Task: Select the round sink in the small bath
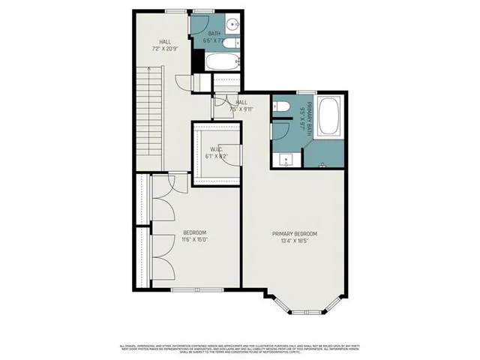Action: (233, 25)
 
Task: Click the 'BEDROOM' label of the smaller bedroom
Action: (194, 233)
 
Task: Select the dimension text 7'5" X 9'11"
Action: (241, 109)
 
